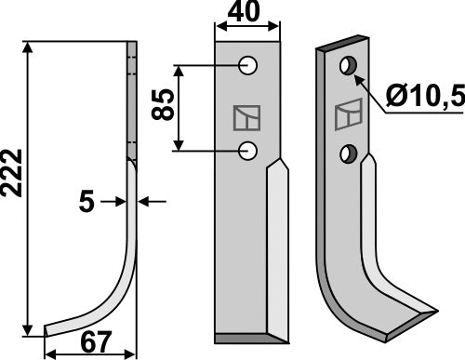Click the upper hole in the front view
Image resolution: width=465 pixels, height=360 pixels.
pos(248,66)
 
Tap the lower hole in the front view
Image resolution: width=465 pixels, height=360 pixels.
pos(248,149)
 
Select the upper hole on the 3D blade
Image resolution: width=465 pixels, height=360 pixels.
pos(348,65)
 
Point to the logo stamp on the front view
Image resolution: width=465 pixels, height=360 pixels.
pos(246,118)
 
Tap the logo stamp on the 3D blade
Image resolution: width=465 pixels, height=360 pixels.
pos(344,115)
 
